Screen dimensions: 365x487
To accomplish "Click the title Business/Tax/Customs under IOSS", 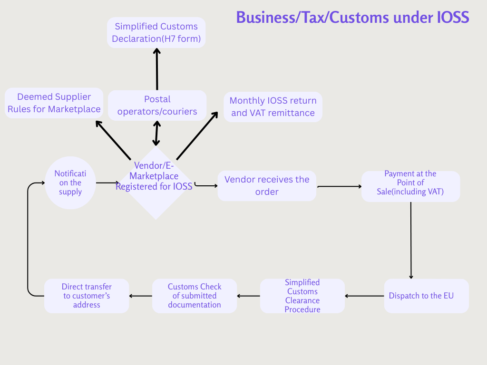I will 352,18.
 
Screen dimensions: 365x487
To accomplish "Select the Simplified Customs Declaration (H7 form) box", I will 156,32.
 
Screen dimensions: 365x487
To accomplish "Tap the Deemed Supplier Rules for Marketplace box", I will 54,103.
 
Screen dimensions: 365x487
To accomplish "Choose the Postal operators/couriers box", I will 157,106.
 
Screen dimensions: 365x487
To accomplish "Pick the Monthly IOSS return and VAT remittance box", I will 273,107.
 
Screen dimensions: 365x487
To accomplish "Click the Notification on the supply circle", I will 70,183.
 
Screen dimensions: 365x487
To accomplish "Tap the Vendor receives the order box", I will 267,185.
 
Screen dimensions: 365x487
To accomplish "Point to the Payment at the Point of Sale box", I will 410,186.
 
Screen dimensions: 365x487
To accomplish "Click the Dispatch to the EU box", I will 426,296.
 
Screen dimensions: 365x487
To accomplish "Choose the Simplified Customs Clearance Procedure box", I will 302,296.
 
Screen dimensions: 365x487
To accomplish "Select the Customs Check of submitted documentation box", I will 194,296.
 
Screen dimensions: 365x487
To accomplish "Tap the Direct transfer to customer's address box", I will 87,296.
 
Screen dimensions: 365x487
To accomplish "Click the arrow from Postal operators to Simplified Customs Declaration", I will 157,69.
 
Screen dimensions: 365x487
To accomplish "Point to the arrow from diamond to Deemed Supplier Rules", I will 113,140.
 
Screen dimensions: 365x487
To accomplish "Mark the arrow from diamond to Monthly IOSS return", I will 197,135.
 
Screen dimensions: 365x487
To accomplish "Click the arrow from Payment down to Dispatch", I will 411,240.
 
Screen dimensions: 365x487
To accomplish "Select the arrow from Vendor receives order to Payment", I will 339,186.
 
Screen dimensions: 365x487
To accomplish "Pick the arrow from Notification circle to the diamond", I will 107,182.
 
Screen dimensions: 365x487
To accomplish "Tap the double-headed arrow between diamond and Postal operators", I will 156,134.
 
